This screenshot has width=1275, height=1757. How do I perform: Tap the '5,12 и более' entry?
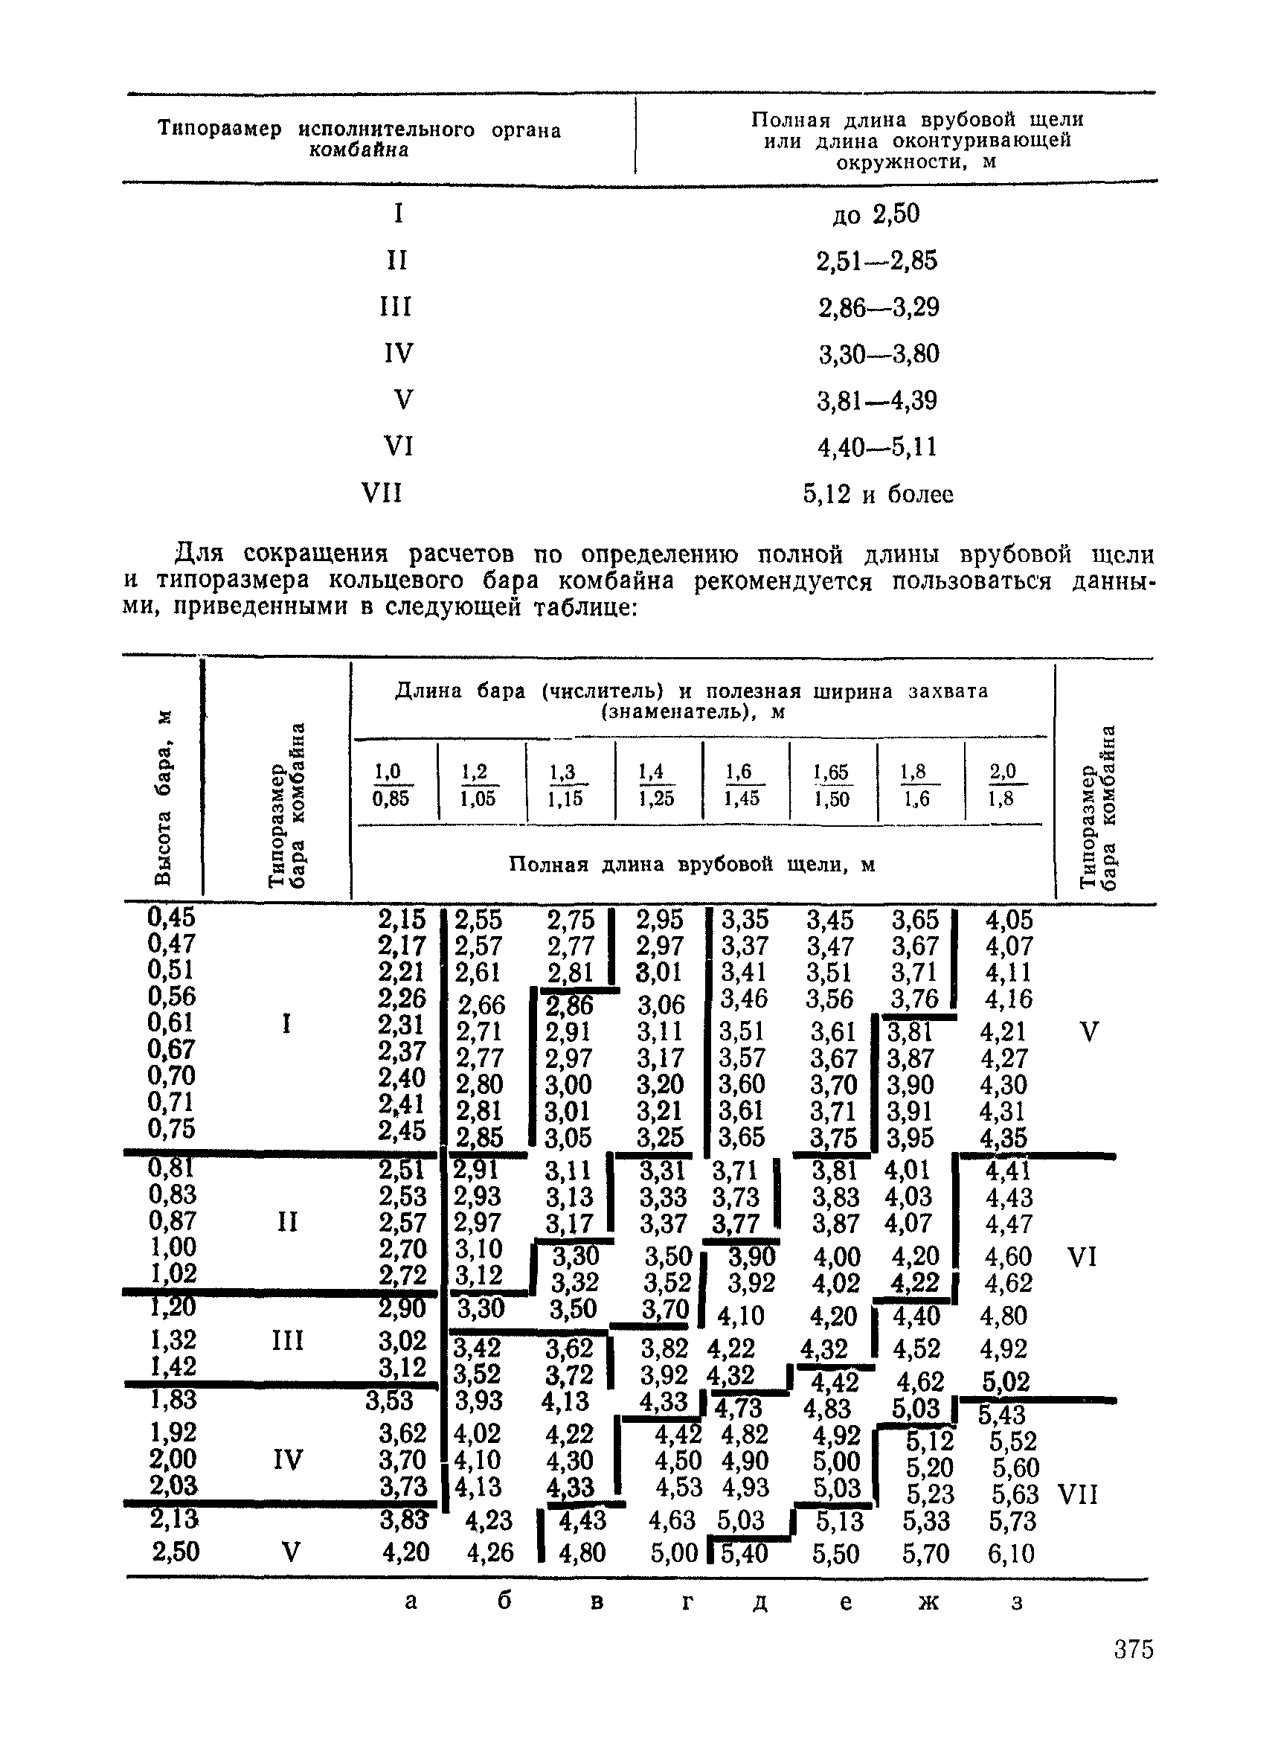pyautogui.click(x=878, y=493)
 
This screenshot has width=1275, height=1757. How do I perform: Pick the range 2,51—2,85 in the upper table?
pyautogui.click(x=877, y=260)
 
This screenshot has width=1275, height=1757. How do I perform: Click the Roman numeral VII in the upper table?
pyautogui.click(x=382, y=493)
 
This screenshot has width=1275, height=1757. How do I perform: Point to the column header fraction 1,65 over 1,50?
pyautogui.click(x=832, y=785)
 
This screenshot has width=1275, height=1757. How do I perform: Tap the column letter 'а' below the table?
pyautogui.click(x=411, y=1601)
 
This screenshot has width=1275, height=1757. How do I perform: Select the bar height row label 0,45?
pyautogui.click(x=172, y=918)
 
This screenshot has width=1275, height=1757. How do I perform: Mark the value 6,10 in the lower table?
pyautogui.click(x=1012, y=1553)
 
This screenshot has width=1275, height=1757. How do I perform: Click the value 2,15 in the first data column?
pyautogui.click(x=402, y=920)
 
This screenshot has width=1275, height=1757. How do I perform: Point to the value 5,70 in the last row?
pyautogui.click(x=925, y=1553)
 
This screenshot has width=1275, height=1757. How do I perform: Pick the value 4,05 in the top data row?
pyautogui.click(x=1009, y=921)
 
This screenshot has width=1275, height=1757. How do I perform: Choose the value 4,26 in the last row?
pyautogui.click(x=489, y=1552)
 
